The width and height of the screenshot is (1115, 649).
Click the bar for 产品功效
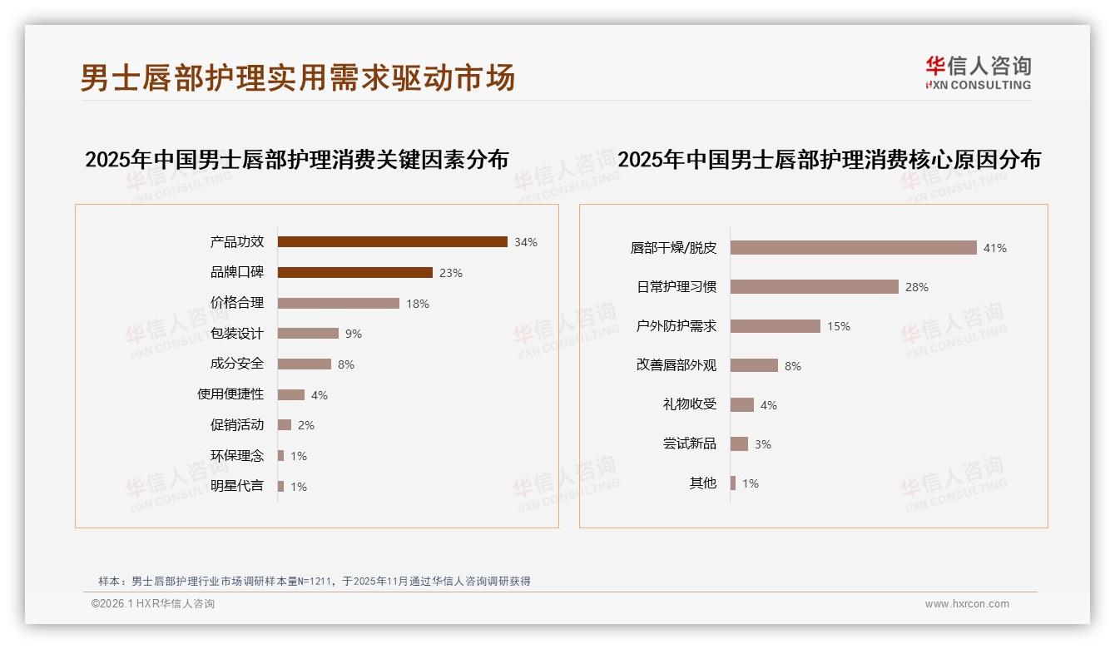tap(392, 242)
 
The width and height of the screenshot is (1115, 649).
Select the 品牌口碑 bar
tap(354, 272)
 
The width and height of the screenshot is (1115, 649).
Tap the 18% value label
tap(418, 304)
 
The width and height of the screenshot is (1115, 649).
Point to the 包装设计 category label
tap(236, 334)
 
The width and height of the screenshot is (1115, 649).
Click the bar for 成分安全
tap(304, 364)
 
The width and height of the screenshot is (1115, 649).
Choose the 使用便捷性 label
tap(230, 394)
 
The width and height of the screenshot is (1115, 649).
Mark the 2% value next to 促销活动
tap(306, 425)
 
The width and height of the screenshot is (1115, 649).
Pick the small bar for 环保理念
tap(280, 456)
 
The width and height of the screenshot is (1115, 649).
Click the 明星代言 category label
tap(236, 486)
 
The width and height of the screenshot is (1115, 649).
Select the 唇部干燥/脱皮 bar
tap(853, 248)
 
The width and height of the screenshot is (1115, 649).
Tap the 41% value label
tap(995, 248)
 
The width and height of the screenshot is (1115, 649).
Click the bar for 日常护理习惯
tap(814, 287)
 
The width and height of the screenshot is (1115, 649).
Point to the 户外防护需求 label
tap(676, 326)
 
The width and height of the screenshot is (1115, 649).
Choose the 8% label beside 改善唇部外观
tap(793, 366)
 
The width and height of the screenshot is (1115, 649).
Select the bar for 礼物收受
tap(741, 405)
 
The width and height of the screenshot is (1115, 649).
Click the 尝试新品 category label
tap(689, 443)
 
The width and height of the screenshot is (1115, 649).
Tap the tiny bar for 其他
tap(733, 483)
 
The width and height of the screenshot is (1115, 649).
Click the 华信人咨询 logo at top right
tap(978, 72)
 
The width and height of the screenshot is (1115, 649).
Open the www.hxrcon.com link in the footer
tap(967, 604)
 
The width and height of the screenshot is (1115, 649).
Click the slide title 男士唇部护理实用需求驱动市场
tap(298, 77)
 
